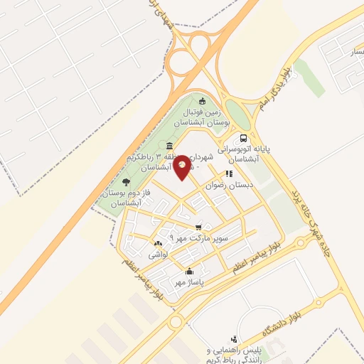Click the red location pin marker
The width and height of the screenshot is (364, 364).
point(183,166)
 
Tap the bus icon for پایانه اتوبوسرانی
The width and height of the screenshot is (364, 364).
point(244,138)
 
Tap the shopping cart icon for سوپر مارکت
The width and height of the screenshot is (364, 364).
point(208,227)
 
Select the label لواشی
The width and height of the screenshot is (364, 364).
point(157,254)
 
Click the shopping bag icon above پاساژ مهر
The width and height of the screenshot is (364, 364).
point(189,271)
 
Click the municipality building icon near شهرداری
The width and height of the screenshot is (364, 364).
point(168,144)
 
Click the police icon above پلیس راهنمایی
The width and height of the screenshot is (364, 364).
point(234,340)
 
